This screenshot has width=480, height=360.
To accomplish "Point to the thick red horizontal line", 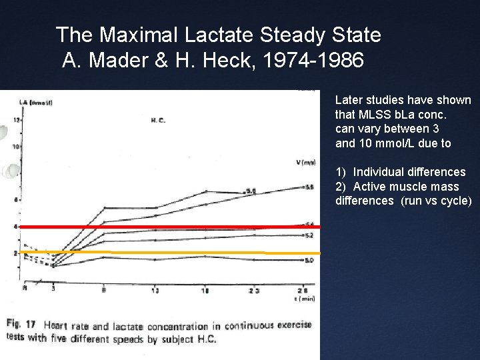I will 167,227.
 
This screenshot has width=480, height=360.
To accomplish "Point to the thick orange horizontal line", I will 167,253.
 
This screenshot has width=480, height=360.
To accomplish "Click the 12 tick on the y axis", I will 17,120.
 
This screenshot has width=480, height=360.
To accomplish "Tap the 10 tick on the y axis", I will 17,145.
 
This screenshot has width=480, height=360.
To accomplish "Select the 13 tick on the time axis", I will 155,290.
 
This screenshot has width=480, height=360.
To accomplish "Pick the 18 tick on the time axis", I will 205,290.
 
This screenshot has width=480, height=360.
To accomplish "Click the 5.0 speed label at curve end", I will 309,260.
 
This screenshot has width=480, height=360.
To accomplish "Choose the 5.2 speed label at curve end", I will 309,235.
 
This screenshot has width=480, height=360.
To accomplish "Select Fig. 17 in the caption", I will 22,325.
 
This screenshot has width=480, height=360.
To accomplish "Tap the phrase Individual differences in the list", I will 409,172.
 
